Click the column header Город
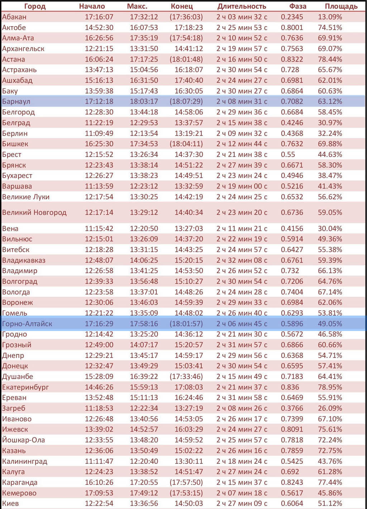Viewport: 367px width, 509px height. [x=35, y=6]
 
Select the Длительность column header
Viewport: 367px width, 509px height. [x=242, y=6]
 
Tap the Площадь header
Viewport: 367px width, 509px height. [x=341, y=6]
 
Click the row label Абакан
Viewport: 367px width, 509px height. [x=14, y=17]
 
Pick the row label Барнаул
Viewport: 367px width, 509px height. [x=16, y=101]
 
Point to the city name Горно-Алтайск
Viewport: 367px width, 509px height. [x=27, y=324]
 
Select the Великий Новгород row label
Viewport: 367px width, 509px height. [x=34, y=212]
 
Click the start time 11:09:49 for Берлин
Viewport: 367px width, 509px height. [x=99, y=133]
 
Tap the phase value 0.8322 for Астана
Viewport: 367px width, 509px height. [x=292, y=59]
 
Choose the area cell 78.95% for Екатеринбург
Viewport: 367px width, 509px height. [x=330, y=387]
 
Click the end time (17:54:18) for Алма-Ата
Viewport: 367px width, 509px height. [x=186, y=38]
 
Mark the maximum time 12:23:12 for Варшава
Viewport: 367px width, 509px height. [x=144, y=186]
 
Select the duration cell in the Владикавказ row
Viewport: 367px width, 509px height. [x=242, y=260]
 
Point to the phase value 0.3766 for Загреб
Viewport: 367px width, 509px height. [x=292, y=408]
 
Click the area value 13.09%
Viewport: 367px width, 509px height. [x=330, y=17]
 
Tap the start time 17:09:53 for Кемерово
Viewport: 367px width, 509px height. [x=99, y=493]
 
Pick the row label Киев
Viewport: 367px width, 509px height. [x=10, y=503]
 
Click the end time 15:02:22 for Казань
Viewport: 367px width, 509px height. [x=189, y=451]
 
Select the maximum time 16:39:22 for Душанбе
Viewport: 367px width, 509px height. [x=144, y=376]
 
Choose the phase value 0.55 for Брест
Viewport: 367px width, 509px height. [x=288, y=154]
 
